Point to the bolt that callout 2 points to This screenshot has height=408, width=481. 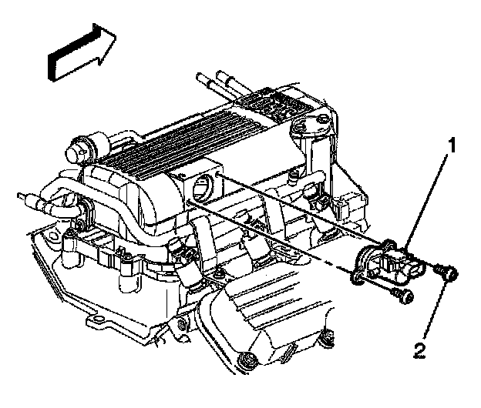tap(445, 272)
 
